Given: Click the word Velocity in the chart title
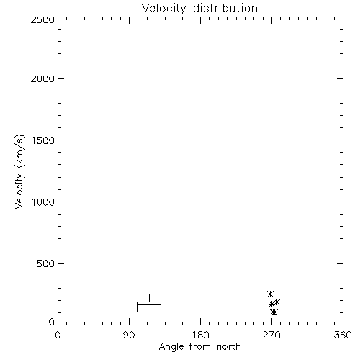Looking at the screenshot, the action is tap(163, 9).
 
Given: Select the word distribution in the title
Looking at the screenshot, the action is tap(225, 8).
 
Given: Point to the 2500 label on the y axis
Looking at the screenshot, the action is tap(42, 19).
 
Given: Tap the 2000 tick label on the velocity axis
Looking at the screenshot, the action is tap(42, 79).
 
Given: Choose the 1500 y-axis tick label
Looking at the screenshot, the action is tap(43, 140).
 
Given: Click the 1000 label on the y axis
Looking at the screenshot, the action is tap(43, 202).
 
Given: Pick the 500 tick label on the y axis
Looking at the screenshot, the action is tap(46, 264).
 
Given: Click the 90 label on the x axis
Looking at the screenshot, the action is tap(129, 335).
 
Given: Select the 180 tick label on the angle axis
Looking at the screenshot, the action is tap(200, 335).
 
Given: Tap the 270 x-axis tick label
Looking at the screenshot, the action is tap(271, 335).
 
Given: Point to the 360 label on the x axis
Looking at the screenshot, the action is tap(343, 335).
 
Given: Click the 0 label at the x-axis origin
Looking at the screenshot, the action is tap(58, 335).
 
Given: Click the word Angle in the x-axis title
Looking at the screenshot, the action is tap(171, 347).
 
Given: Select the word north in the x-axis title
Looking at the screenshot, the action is tap(229, 347).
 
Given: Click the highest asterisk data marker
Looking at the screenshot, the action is tap(271, 294).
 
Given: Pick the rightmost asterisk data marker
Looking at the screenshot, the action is tap(276, 302).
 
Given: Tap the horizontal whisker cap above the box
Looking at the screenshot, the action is tap(149, 294).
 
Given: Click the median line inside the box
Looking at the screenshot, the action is tap(149, 304).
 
